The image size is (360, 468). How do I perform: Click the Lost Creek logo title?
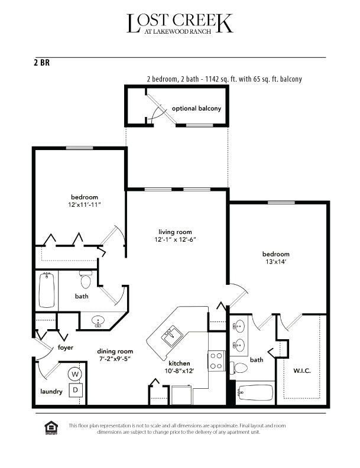[180, 23]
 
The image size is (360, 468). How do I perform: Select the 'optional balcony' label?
[196, 109]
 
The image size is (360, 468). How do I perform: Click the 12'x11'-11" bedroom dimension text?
[85, 205]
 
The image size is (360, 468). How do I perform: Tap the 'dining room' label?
[115, 350]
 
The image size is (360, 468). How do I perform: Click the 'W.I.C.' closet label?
[301, 371]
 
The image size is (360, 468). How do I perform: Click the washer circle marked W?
[76, 373]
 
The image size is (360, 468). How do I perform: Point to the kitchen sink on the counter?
[172, 336]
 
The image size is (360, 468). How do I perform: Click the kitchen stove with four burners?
[216, 360]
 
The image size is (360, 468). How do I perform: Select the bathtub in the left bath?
[47, 290]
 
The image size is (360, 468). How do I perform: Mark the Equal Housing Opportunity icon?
[50, 427]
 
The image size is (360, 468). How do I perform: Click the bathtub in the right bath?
[255, 392]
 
